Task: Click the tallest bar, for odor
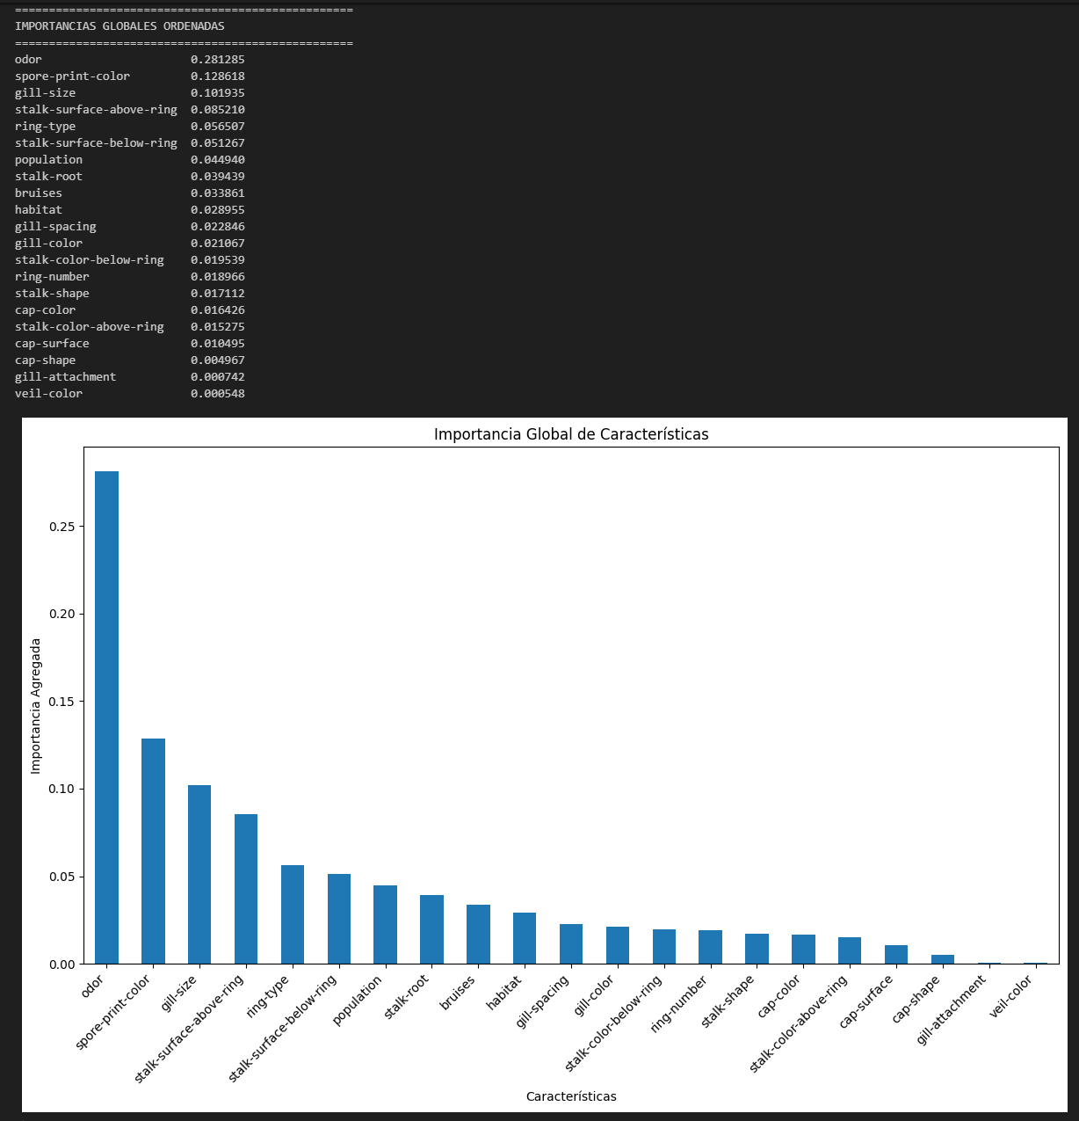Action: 106,717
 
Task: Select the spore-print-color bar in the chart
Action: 153,851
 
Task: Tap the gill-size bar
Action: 199,875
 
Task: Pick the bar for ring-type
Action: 293,914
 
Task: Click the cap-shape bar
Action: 943,959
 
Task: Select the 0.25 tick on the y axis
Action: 63,527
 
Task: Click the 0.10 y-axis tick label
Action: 63,790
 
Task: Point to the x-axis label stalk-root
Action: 407,997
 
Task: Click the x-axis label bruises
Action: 457,994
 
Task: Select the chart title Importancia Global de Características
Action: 571,434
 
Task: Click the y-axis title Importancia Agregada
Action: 36,706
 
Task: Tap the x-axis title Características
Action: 571,1096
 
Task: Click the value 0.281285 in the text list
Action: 218,60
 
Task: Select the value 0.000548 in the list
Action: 218,394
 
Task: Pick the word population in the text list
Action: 48,160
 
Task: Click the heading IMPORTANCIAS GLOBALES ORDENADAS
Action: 119,26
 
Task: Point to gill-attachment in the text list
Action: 65,377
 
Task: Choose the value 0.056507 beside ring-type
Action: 218,127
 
